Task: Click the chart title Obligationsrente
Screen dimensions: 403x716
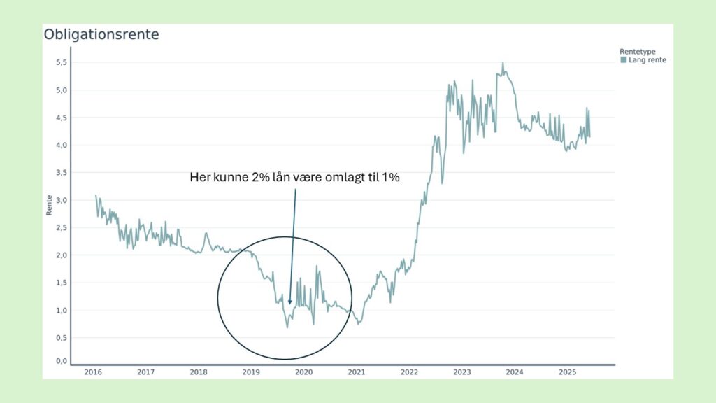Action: pyautogui.click(x=101, y=34)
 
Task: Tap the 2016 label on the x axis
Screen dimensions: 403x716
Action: pyautogui.click(x=93, y=372)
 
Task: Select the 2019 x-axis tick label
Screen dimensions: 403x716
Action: pyautogui.click(x=251, y=372)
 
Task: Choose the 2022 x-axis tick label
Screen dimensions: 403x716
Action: pyautogui.click(x=409, y=372)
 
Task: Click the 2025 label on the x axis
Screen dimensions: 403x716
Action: pyautogui.click(x=566, y=372)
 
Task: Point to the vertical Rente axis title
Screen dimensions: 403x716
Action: pyautogui.click(x=49, y=205)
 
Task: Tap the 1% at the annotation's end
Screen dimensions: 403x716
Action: pyautogui.click(x=389, y=178)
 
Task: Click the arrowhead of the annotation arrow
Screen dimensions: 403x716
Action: pyautogui.click(x=289, y=302)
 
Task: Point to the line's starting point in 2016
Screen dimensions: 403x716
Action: pyautogui.click(x=96, y=195)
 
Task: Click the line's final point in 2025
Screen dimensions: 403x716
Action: pyautogui.click(x=589, y=136)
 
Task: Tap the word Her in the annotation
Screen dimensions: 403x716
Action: pyautogui.click(x=201, y=178)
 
